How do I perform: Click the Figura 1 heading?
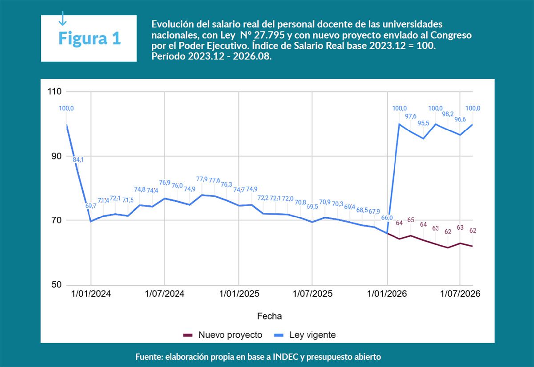click(89, 38)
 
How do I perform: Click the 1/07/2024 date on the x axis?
click(165, 294)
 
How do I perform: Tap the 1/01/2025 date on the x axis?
click(239, 294)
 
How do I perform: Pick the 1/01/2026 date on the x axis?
click(387, 294)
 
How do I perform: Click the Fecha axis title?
click(269, 316)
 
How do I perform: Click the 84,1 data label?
click(78, 160)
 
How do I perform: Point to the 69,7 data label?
click(90, 206)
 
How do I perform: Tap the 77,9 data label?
click(202, 179)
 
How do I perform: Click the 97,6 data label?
click(411, 116)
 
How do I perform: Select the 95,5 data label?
click(423, 123)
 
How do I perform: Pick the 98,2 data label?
click(448, 114)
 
